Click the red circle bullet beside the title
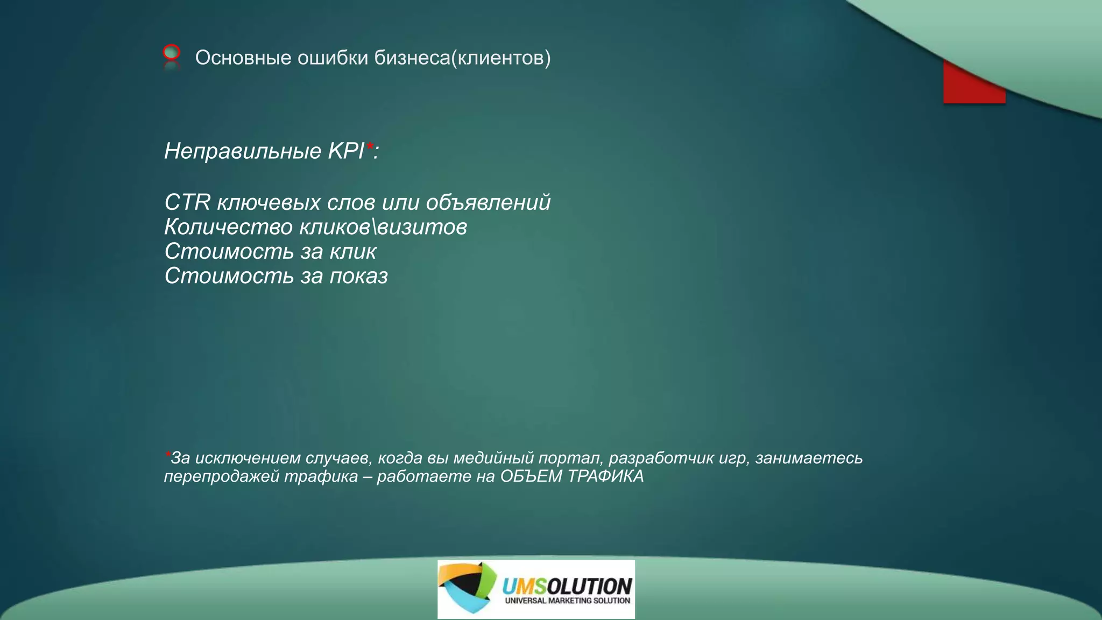[171, 52]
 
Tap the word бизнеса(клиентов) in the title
[462, 58]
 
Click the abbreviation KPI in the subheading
[346, 151]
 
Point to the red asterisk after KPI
[370, 145]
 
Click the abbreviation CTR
[187, 202]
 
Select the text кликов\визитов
[383, 227]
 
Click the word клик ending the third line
[353, 251]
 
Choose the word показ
[358, 276]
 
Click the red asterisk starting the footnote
[167, 454]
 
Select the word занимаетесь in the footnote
[809, 458]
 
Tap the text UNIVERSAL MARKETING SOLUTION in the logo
[567, 601]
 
